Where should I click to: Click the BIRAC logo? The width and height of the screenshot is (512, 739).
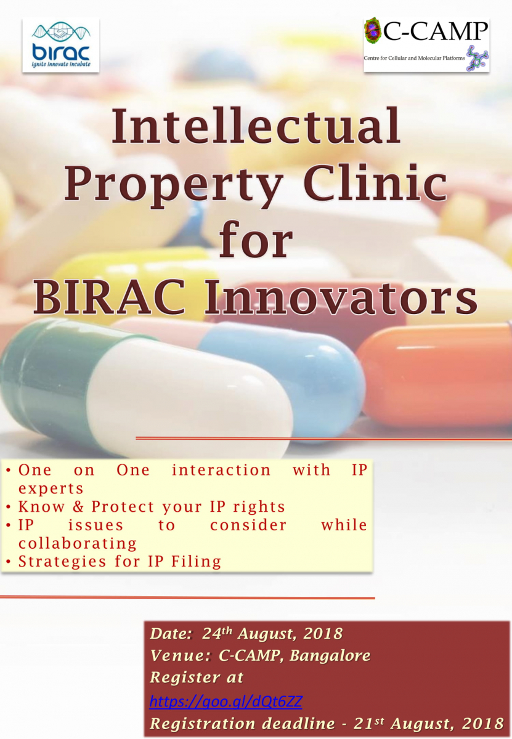[61, 45]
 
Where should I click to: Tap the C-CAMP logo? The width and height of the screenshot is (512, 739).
[426, 45]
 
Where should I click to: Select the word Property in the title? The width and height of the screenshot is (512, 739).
[174, 184]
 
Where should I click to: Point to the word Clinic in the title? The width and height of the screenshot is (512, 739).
[375, 181]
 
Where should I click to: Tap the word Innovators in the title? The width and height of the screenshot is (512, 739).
[341, 296]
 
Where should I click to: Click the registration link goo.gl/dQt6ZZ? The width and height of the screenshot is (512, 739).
[226, 701]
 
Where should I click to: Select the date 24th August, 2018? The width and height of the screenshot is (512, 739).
[272, 634]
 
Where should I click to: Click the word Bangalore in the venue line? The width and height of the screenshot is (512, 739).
[330, 655]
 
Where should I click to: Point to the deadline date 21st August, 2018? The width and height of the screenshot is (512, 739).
[428, 724]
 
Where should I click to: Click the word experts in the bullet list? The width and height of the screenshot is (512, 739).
[51, 489]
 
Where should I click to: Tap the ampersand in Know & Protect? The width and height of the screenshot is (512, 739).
[78, 506]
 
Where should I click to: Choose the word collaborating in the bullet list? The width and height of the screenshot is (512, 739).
[78, 543]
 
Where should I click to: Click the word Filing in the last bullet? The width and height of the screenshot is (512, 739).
[196, 561]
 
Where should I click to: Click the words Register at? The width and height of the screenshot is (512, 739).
[197, 678]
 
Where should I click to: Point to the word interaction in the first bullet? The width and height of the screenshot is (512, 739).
[221, 470]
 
